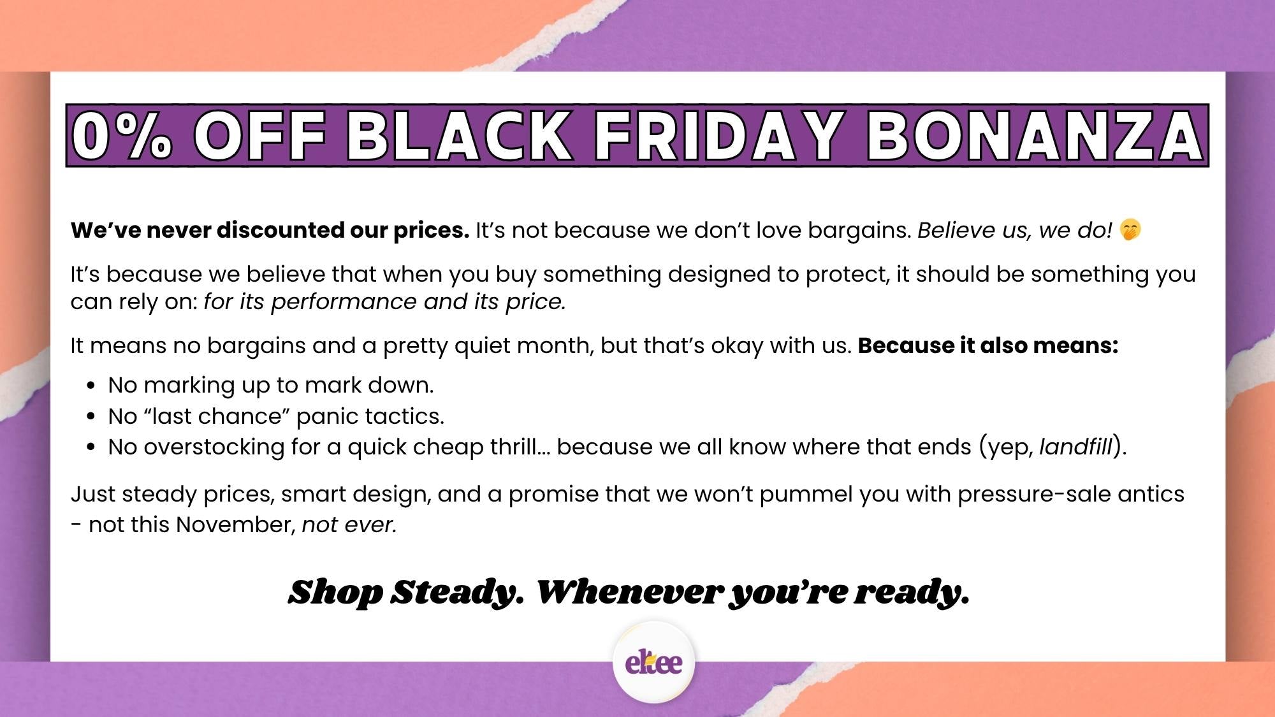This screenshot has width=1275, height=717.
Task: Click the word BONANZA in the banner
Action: [x=1034, y=136]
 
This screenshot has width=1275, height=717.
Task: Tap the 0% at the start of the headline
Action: [x=121, y=136]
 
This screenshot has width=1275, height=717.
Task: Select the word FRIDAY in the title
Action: [x=719, y=136]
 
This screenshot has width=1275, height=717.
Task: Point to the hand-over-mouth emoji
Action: [x=1130, y=230]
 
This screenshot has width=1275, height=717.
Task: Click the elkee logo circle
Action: [x=653, y=663]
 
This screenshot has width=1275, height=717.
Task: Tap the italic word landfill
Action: [x=1075, y=447]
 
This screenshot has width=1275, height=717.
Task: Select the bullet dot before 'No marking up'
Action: [x=91, y=386]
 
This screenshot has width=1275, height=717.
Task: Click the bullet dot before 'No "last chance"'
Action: [x=91, y=417]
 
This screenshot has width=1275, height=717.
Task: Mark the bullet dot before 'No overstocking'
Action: [x=91, y=447]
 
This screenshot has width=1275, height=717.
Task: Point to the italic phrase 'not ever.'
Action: [x=349, y=525]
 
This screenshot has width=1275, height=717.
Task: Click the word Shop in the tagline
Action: [x=335, y=592]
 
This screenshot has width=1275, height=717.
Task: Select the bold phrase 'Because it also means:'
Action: [x=987, y=345]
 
